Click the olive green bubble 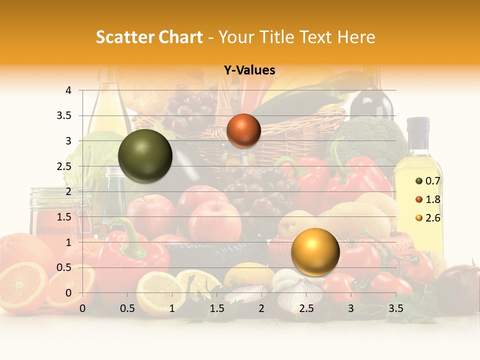point(145,156)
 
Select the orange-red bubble point(243,130)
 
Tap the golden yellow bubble point(315,252)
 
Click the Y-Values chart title point(249,70)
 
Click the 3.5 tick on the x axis point(395,308)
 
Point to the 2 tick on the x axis point(261,308)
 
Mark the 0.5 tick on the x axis point(127,308)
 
